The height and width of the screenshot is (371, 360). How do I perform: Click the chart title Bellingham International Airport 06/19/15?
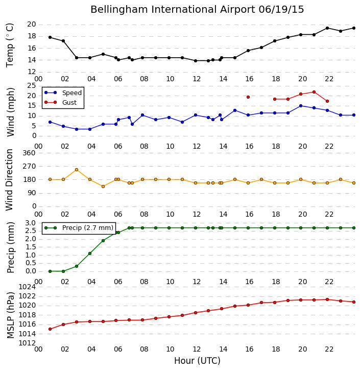[197, 10]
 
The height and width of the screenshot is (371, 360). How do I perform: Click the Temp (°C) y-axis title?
[10, 45]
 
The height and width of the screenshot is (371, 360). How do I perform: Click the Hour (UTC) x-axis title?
[197, 361]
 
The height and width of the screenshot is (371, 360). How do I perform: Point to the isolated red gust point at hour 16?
[248, 97]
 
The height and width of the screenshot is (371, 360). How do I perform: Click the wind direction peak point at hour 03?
[77, 170]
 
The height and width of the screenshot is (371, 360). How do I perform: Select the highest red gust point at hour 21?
[314, 92]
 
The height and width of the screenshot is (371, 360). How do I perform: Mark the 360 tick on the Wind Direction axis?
[29, 153]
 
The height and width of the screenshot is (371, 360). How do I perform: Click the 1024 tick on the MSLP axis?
[27, 287]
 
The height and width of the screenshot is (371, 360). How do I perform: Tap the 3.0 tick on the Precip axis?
[31, 223]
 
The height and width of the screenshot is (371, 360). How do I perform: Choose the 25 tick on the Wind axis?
[32, 86]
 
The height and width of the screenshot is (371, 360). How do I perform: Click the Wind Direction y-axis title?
[9, 180]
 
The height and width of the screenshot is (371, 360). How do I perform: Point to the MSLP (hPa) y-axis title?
[10, 315]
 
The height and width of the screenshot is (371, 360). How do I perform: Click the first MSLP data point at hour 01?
[50, 329]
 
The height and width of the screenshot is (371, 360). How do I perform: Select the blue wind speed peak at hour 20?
[301, 106]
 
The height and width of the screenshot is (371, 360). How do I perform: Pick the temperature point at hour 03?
[77, 58]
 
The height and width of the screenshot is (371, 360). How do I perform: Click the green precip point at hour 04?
[90, 253]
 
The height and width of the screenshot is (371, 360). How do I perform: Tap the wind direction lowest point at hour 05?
[103, 187]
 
